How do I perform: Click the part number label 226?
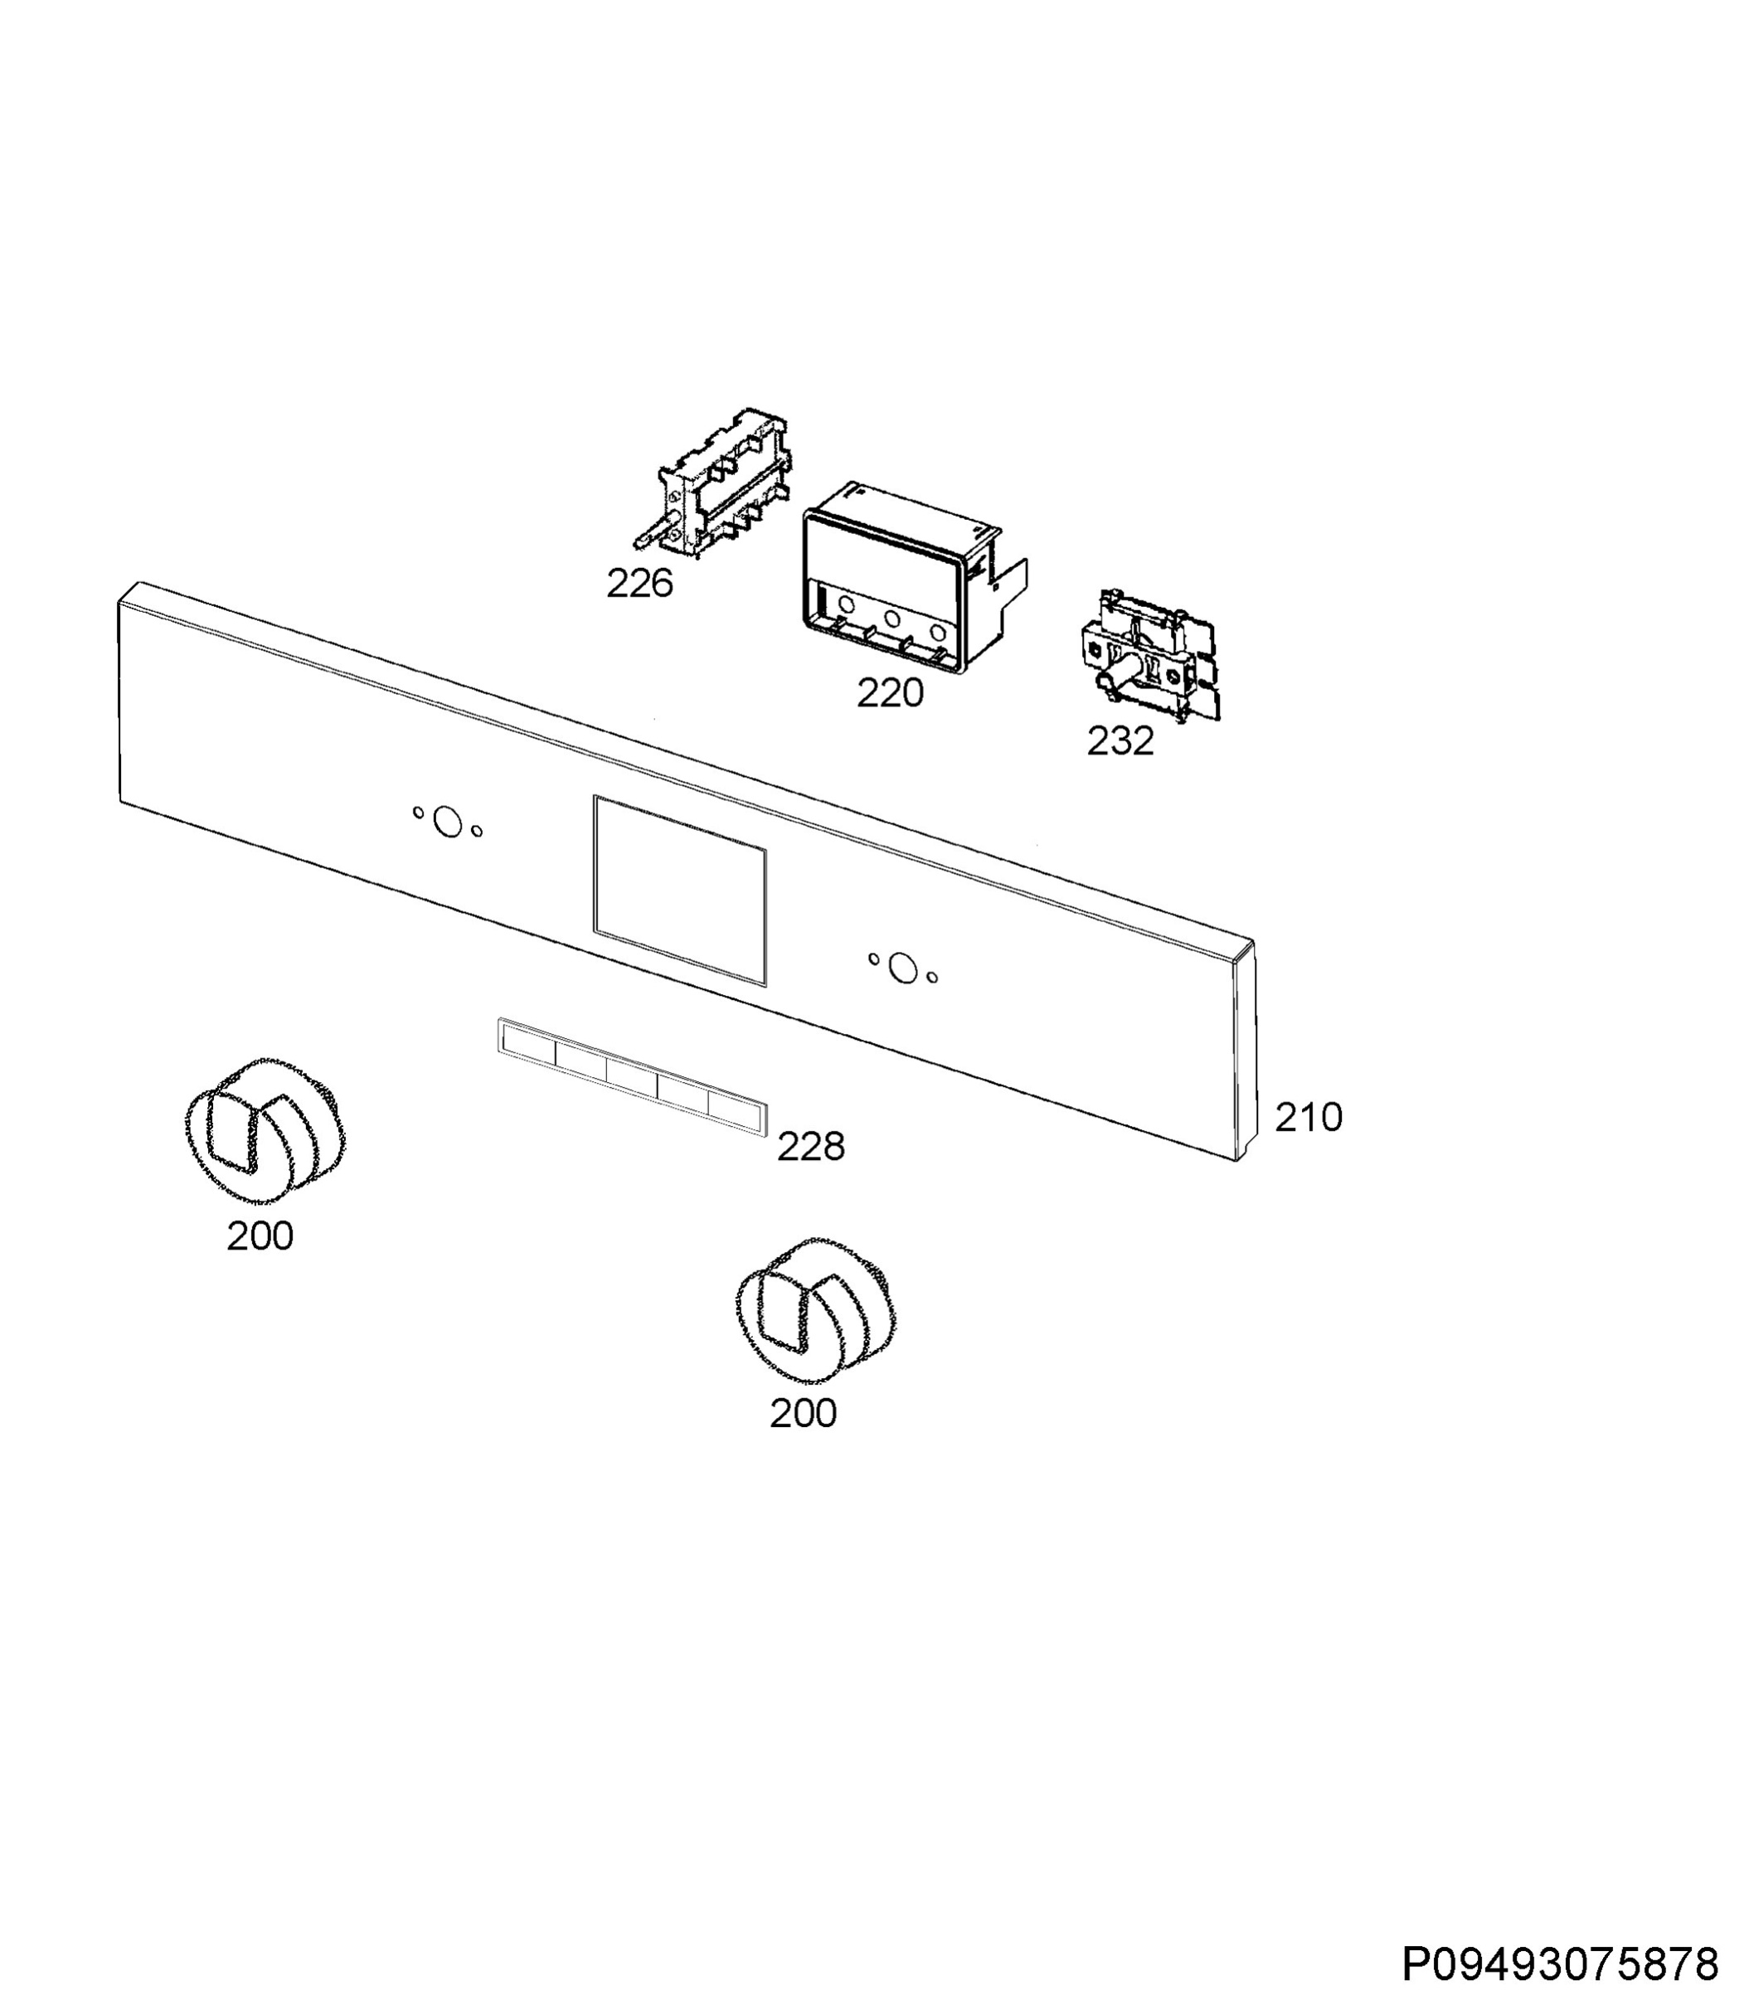[639, 583]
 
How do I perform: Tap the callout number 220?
[890, 692]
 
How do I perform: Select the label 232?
[1120, 741]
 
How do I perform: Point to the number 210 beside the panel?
[1308, 1117]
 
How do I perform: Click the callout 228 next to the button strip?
[811, 1147]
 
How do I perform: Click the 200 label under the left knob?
[260, 1236]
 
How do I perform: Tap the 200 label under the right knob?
[804, 1414]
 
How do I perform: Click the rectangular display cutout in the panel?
[679, 891]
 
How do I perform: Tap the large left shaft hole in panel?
[447, 822]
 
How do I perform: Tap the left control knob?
[264, 1131]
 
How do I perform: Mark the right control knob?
[816, 1311]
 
